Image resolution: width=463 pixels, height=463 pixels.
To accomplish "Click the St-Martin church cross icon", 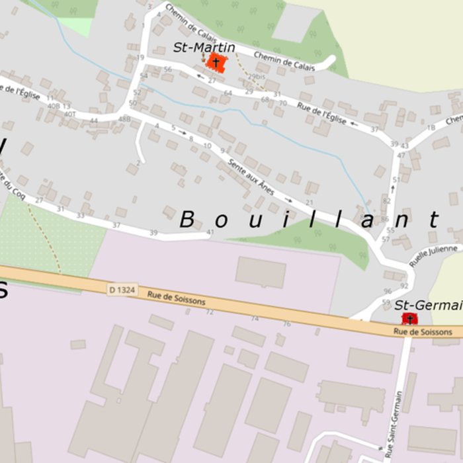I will [x=216, y=62].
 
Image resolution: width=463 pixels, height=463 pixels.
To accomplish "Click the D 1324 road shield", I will [x=122, y=289].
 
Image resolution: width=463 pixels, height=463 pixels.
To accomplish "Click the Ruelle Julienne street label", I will [x=433, y=255].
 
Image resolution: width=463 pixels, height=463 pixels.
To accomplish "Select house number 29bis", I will [x=256, y=77].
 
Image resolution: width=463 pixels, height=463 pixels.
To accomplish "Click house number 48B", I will [x=124, y=119].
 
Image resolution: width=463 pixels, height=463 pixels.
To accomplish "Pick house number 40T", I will [x=70, y=114].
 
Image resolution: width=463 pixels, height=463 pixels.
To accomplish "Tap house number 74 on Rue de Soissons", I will [x=255, y=318].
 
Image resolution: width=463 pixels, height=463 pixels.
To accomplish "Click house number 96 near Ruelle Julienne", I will [x=387, y=291].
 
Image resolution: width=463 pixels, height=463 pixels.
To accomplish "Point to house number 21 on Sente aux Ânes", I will [x=310, y=203].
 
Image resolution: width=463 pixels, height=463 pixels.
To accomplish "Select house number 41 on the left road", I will [x=210, y=232].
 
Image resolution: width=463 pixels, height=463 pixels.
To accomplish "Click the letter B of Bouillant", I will [x=187, y=220].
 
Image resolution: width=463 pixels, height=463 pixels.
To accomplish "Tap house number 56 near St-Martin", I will [x=167, y=69].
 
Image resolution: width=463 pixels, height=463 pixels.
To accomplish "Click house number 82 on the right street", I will [x=387, y=200].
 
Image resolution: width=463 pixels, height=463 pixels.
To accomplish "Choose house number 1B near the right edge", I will [x=431, y=128].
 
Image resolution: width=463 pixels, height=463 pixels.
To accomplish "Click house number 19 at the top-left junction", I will [x=140, y=58].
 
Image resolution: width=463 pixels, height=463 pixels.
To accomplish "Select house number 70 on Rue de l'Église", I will [x=283, y=103].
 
